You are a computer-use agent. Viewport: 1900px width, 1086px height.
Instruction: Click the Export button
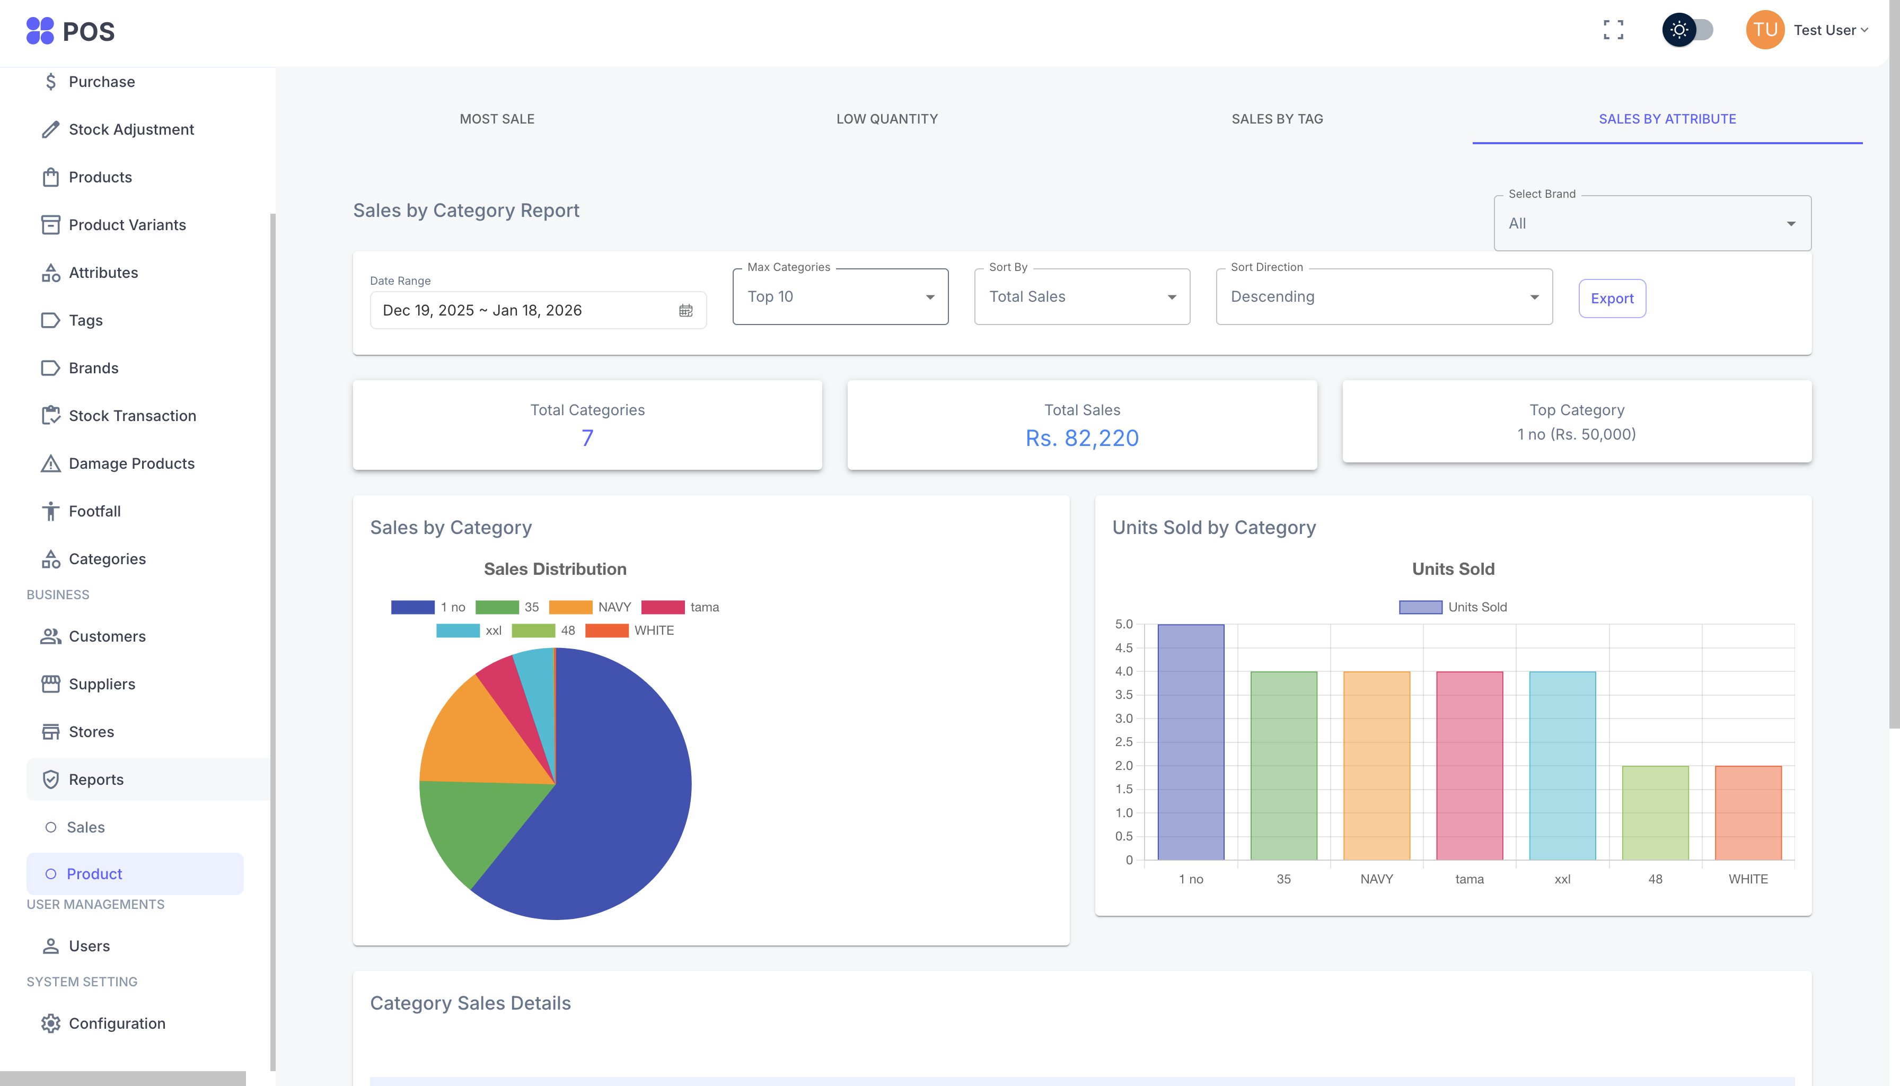(x=1612, y=299)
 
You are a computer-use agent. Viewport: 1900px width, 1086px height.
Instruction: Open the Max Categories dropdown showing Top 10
(x=840, y=297)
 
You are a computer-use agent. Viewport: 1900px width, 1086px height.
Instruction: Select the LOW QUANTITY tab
(x=886, y=119)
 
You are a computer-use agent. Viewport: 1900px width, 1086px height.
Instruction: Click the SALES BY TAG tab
(x=1277, y=119)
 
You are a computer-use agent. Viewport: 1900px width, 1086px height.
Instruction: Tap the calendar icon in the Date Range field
(x=685, y=310)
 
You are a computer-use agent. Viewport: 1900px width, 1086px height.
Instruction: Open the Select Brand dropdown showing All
(x=1652, y=224)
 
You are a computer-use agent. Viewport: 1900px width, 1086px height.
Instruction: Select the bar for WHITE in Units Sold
(x=1747, y=813)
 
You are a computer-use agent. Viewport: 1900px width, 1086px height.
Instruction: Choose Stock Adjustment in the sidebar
(x=131, y=130)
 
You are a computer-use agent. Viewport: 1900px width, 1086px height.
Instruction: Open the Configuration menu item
(x=117, y=1023)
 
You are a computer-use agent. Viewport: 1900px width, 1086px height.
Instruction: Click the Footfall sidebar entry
(x=95, y=512)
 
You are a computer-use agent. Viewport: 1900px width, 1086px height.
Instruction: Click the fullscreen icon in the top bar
(x=1613, y=30)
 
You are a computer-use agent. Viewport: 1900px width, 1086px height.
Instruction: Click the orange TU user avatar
(x=1764, y=30)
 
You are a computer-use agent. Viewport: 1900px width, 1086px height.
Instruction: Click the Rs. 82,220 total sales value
(x=1081, y=438)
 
